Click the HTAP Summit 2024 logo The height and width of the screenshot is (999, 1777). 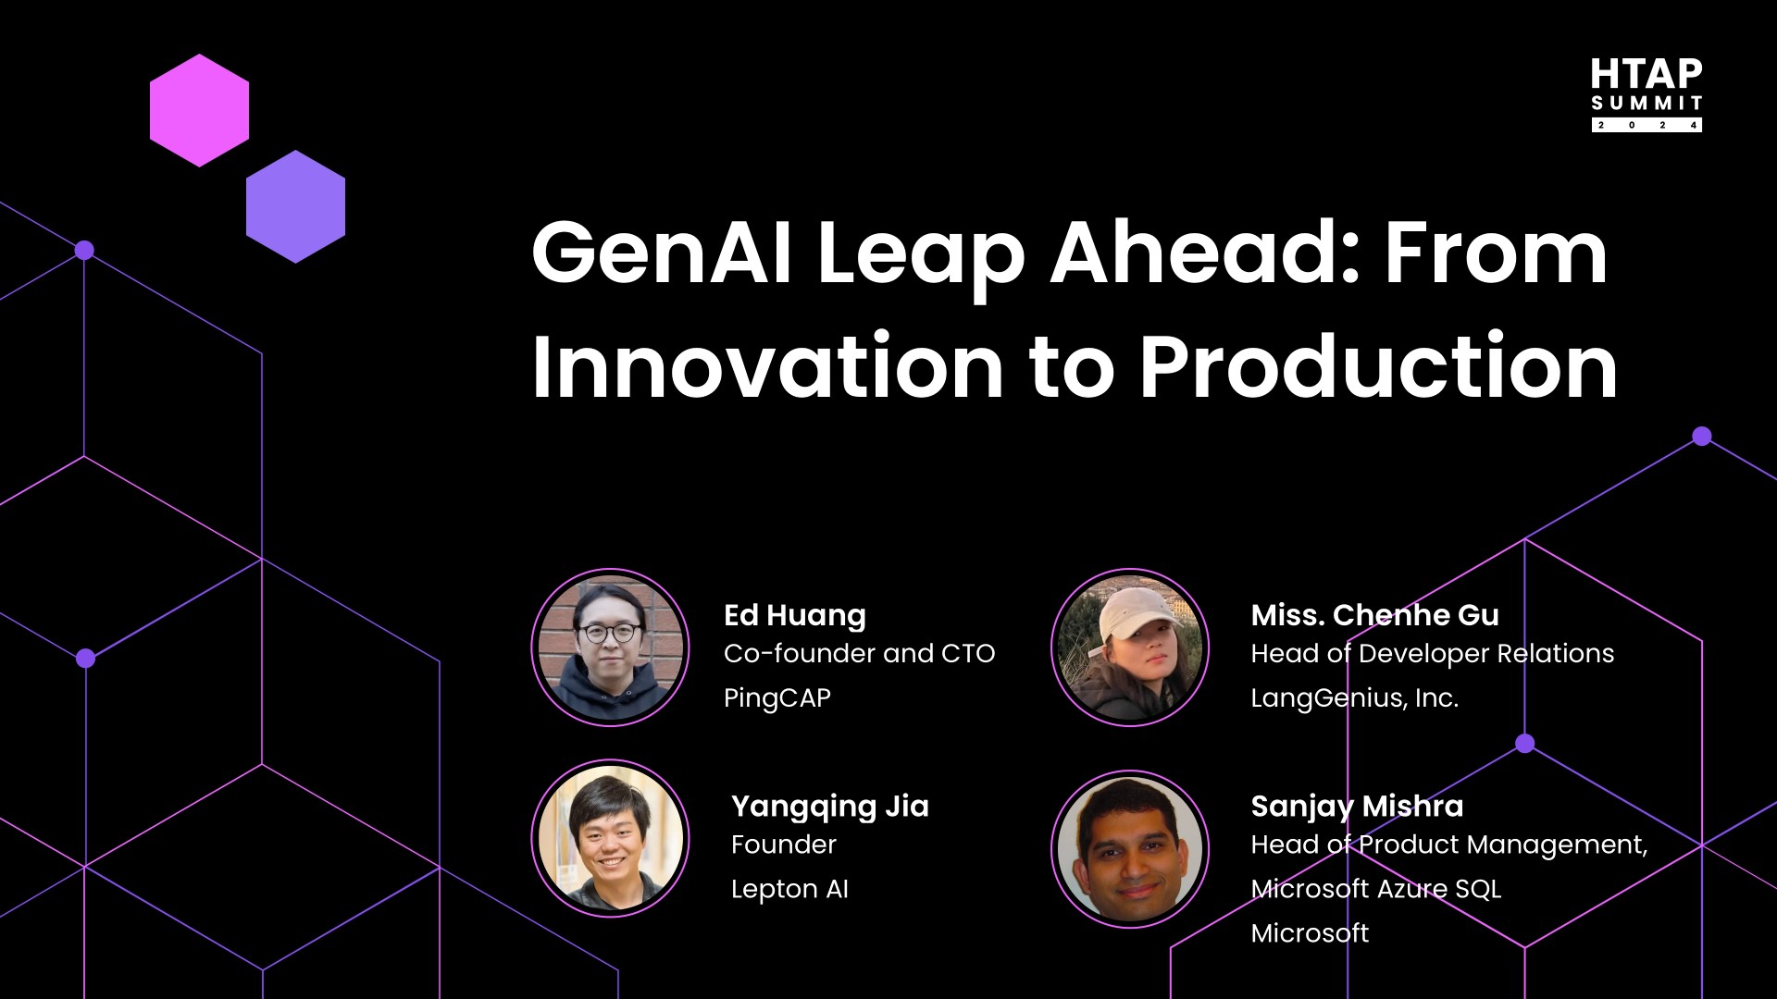click(1646, 94)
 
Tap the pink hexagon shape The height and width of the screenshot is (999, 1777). click(199, 110)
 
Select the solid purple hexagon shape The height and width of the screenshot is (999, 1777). click(295, 206)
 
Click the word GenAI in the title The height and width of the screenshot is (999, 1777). click(661, 253)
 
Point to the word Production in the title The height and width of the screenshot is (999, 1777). click(1378, 366)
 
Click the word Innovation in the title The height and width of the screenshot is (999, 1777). click(767, 366)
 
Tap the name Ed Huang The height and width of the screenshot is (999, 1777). click(794, 615)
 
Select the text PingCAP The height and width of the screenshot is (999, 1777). click(777, 697)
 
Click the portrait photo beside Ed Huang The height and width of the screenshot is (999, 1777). click(610, 647)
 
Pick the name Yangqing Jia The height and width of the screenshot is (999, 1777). click(829, 806)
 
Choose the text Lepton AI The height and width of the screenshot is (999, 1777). click(789, 889)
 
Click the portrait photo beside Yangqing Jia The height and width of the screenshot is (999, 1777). click(610, 838)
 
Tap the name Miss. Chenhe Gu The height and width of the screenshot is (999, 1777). click(1374, 615)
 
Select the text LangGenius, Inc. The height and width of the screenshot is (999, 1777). click(1354, 697)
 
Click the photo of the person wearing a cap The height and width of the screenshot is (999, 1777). click(1129, 647)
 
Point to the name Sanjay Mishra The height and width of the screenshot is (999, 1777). click(1357, 806)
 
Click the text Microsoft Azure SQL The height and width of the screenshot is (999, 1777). click(1375, 889)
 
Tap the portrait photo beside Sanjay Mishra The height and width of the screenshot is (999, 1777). click(1129, 849)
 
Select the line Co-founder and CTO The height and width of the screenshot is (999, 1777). click(859, 653)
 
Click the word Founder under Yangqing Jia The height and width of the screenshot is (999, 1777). click(783, 845)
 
